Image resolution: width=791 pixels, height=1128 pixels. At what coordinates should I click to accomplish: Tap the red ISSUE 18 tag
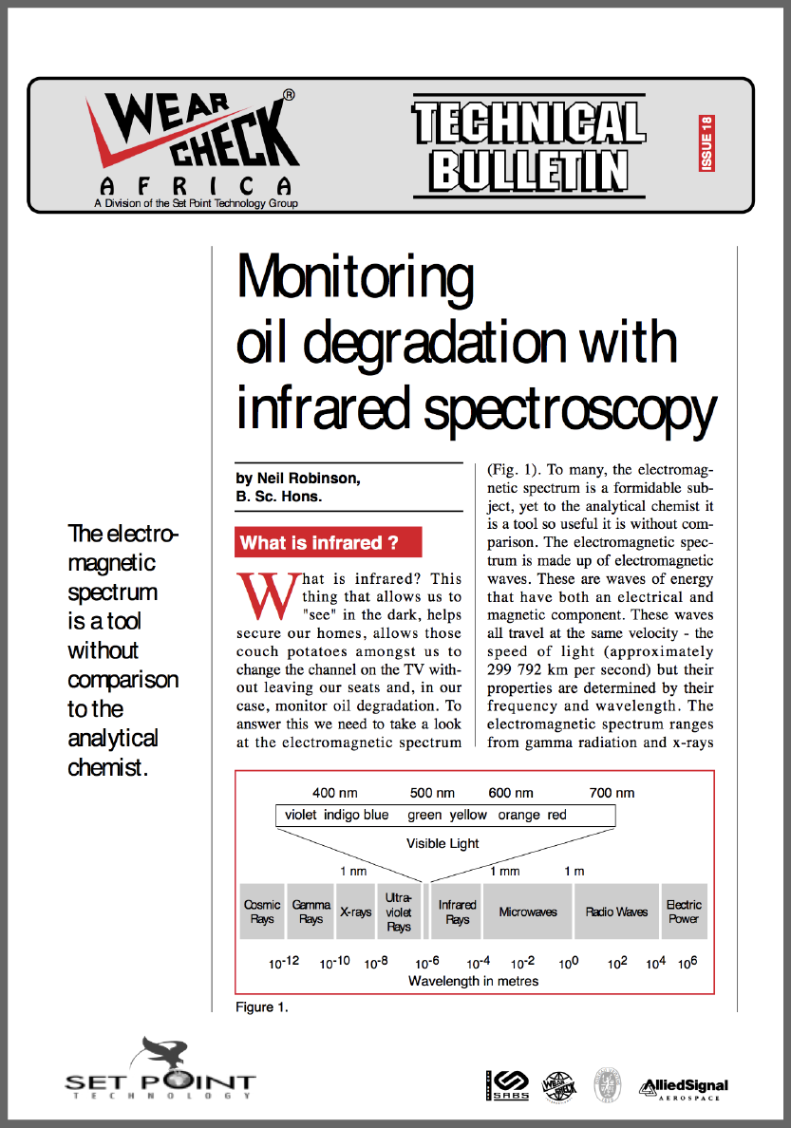706,143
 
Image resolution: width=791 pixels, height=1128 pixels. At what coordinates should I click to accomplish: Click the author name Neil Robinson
298,479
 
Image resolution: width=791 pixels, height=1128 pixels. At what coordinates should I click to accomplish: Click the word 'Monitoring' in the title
355,276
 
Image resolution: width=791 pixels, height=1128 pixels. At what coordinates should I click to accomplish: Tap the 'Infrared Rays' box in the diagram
457,912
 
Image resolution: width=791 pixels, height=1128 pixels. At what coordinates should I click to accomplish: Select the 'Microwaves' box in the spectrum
528,912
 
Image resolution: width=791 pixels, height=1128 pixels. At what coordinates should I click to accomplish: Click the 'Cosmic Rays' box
262,912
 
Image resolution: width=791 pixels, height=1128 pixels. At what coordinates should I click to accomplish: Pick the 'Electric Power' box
684,912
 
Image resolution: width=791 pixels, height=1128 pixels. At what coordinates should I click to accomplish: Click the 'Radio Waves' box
616,912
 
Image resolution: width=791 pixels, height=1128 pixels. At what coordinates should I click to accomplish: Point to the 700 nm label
612,793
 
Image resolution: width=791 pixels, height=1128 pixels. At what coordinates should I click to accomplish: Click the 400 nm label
336,793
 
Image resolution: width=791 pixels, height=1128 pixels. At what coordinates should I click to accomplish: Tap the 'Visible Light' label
443,843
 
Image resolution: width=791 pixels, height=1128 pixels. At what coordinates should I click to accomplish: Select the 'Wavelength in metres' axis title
473,981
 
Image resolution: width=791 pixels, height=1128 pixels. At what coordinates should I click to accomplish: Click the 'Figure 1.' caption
262,1006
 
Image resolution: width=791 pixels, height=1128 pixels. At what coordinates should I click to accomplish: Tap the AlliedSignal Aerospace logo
684,1087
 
